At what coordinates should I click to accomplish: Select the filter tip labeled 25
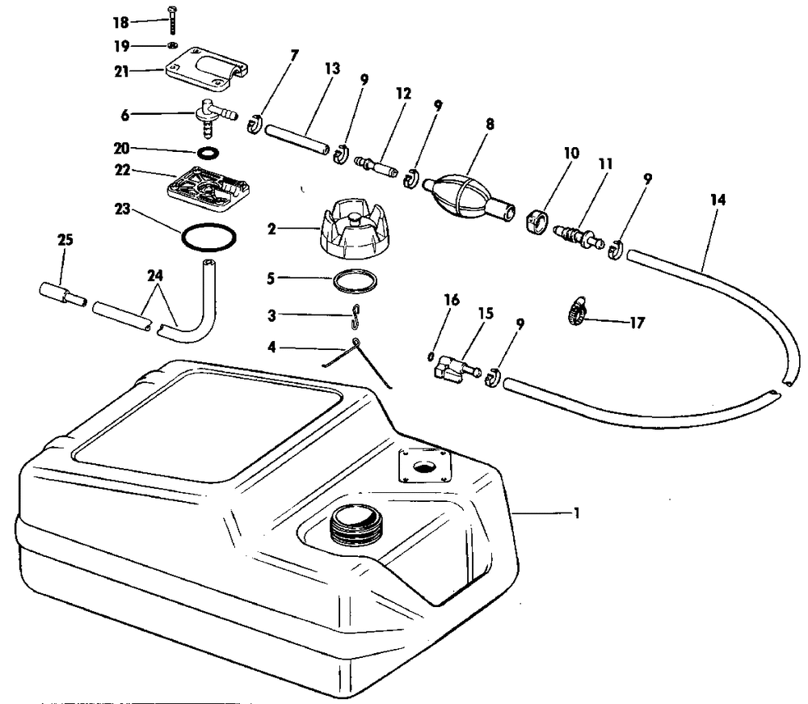[61, 293]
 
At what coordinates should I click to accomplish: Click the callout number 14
[716, 200]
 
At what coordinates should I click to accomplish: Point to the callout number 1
[576, 512]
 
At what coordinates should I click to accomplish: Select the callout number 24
[156, 276]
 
